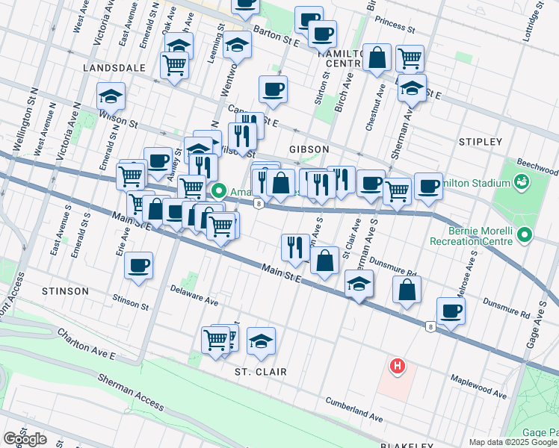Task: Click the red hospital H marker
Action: point(398,366)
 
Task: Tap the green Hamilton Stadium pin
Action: point(521,181)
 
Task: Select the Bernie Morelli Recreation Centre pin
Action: point(525,236)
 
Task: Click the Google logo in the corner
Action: point(25,439)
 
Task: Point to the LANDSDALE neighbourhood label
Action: point(114,67)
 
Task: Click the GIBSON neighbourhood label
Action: point(306,149)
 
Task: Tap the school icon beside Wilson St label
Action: point(111,96)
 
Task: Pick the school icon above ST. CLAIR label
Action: point(261,340)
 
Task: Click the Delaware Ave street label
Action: point(194,296)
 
